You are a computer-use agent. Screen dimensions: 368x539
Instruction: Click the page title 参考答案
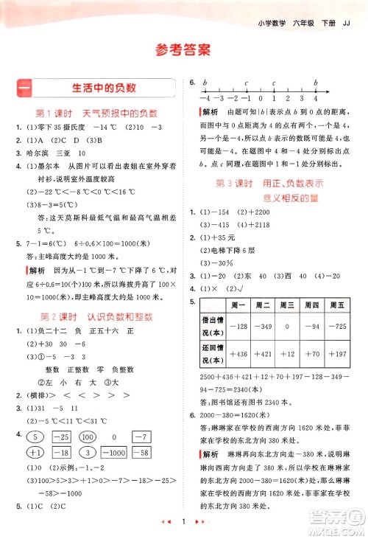pyautogui.click(x=183, y=49)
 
